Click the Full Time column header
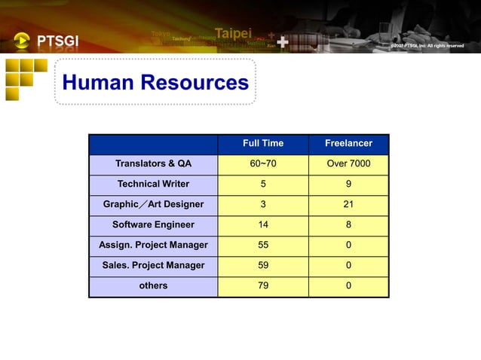tap(263, 143)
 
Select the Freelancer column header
tap(348, 143)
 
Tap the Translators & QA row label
tap(153, 163)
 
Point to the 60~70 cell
tap(263, 163)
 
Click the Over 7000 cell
tap(348, 163)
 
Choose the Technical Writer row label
tap(153, 184)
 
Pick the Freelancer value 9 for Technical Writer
tap(348, 184)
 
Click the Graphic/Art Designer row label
tap(153, 204)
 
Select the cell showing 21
tap(348, 204)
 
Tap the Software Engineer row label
tap(153, 224)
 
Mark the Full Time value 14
tap(263, 224)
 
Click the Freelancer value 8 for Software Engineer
tap(348, 224)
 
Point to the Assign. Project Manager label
tap(153, 245)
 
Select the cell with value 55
tap(263, 245)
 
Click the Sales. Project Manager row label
tap(153, 265)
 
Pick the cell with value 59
tap(263, 265)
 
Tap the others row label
tap(153, 285)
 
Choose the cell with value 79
tap(263, 285)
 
